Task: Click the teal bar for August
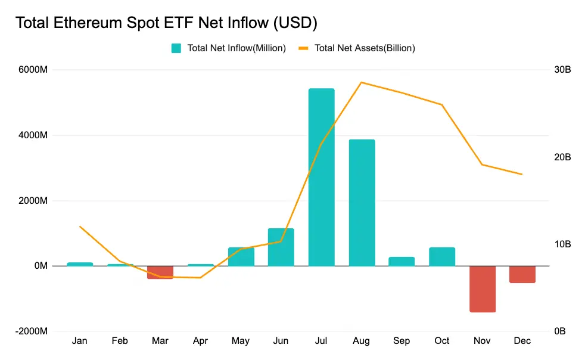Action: [x=362, y=203]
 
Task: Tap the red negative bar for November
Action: [x=483, y=289]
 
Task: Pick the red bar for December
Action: [x=522, y=274]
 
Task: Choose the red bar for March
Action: [x=160, y=272]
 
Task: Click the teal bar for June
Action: [x=281, y=247]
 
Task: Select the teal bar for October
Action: [x=442, y=256]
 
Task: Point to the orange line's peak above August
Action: [x=362, y=82]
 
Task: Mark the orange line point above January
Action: [x=80, y=226]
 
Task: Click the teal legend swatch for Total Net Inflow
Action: [x=176, y=48]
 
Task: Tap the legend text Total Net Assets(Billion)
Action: [x=365, y=48]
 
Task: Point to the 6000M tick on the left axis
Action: [x=33, y=70]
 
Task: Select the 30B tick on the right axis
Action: [x=562, y=70]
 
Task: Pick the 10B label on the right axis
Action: [x=562, y=244]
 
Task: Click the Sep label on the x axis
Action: [x=402, y=341]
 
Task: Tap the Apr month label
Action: [x=201, y=341]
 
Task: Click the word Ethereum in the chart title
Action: [x=85, y=23]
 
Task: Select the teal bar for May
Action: [x=241, y=257]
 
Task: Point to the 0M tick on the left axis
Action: [x=41, y=266]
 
